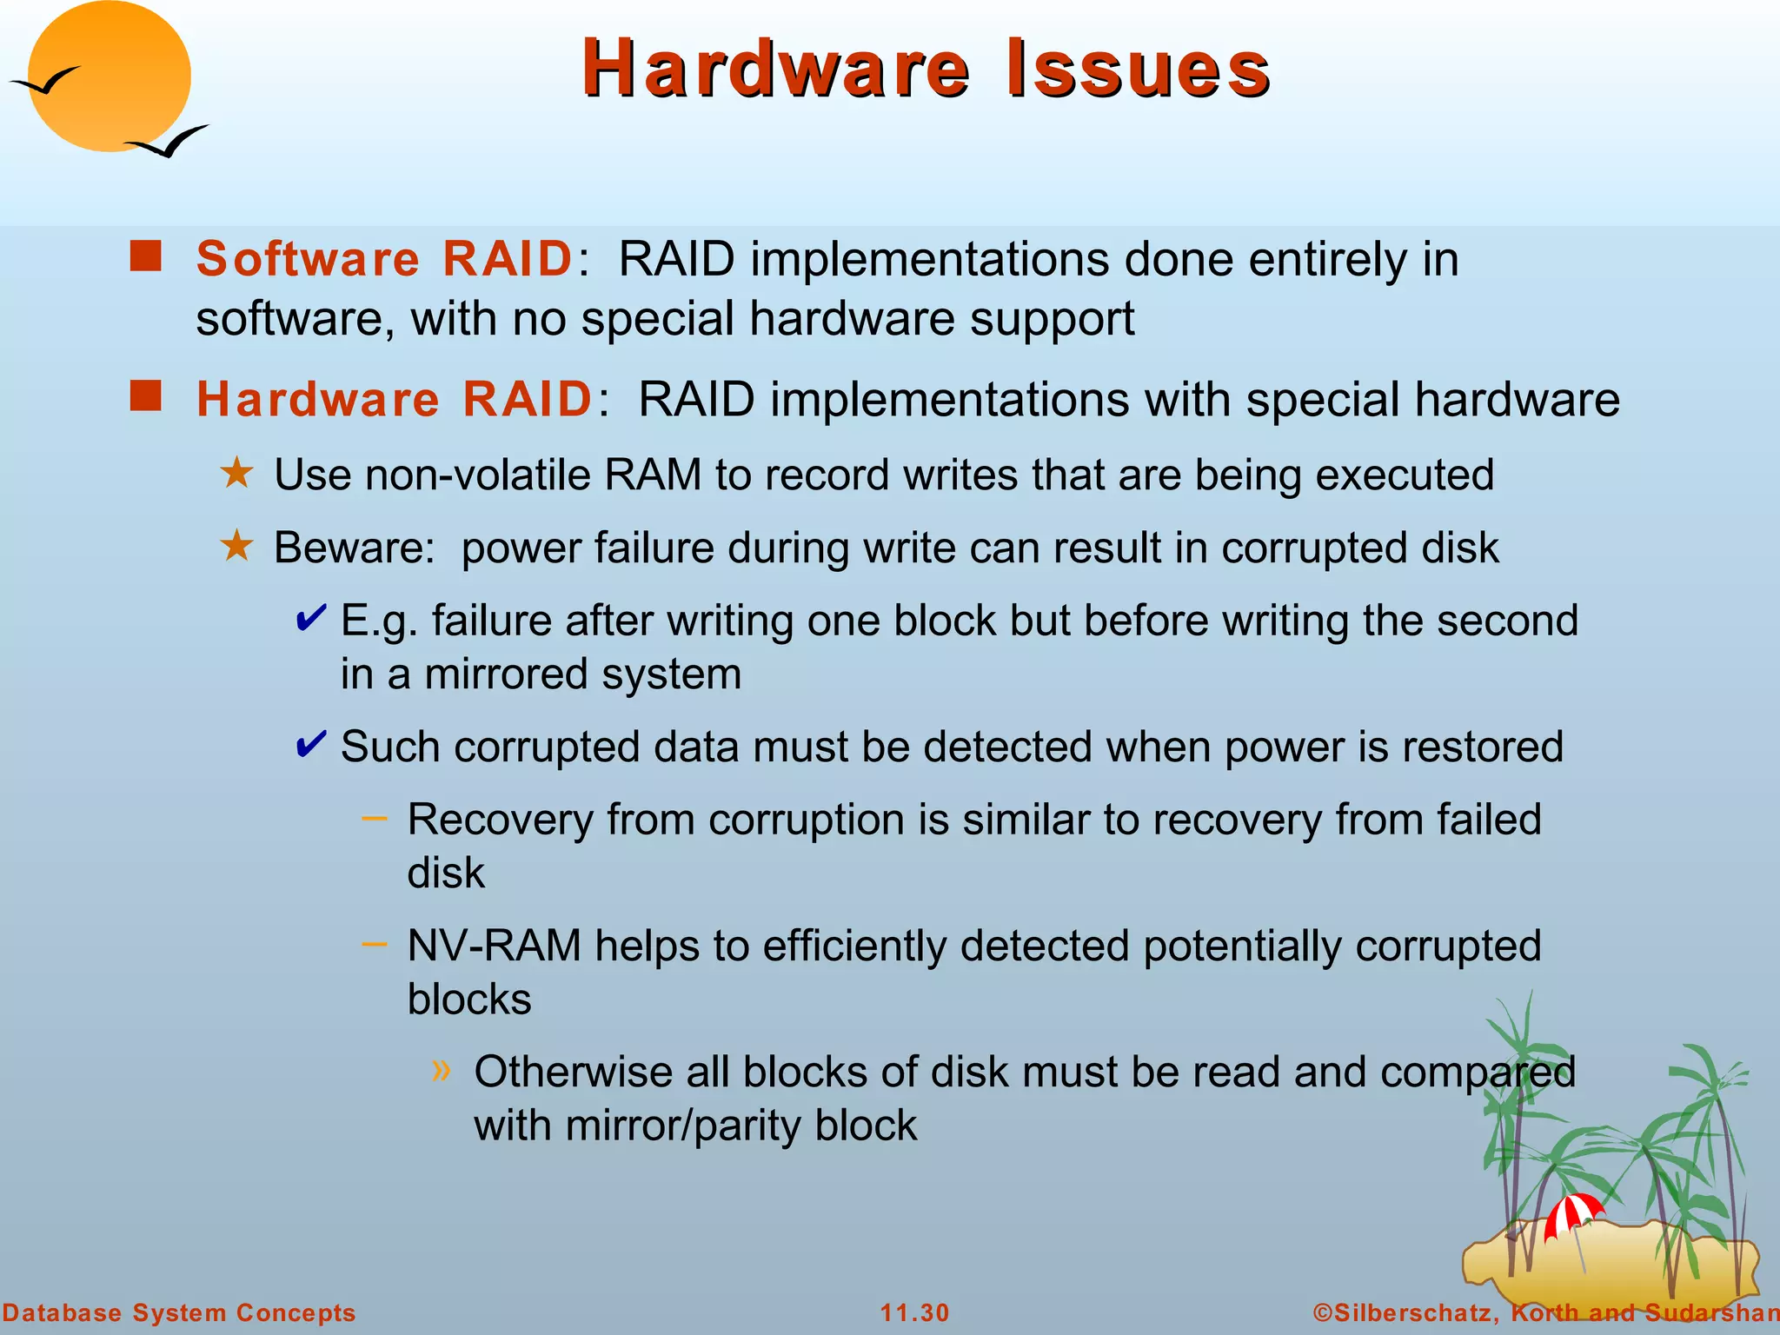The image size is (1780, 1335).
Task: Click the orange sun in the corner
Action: [110, 76]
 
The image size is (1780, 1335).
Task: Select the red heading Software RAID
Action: [384, 259]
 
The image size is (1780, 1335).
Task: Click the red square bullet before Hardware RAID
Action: [146, 395]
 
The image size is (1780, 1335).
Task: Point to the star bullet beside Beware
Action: [236, 547]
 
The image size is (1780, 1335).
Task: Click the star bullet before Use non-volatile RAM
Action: [236, 474]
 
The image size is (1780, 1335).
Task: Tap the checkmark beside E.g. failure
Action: [311, 618]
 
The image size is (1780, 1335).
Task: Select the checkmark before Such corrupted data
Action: [311, 744]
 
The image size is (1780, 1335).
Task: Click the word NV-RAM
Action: [494, 946]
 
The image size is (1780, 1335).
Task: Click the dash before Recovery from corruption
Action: [374, 818]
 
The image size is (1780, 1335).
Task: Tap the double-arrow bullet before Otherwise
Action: [442, 1070]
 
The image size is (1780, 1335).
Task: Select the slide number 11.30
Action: [914, 1312]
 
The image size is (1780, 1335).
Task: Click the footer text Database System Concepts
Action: [179, 1312]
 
